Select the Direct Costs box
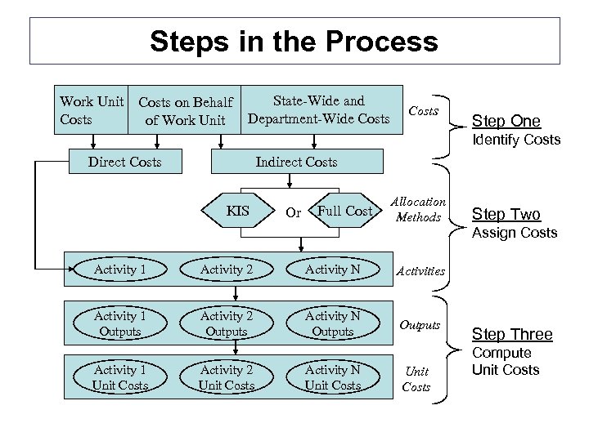click(x=124, y=162)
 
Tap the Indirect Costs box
click(x=296, y=162)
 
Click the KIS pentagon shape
click(x=237, y=212)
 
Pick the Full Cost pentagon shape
click(x=344, y=212)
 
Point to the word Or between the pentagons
click(x=294, y=212)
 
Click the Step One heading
click(x=506, y=122)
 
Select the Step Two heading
click(x=506, y=215)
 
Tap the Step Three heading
click(x=512, y=334)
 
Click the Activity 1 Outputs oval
click(x=120, y=323)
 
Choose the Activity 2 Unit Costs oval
click(x=227, y=377)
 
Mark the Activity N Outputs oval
click(x=333, y=323)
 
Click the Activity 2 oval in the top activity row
click(x=227, y=269)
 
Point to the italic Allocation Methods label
click(x=418, y=209)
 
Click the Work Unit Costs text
click(x=92, y=110)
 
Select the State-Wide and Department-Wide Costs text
click(x=319, y=110)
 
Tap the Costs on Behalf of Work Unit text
click(x=186, y=111)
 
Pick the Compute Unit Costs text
click(x=506, y=362)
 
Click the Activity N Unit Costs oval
click(x=333, y=377)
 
